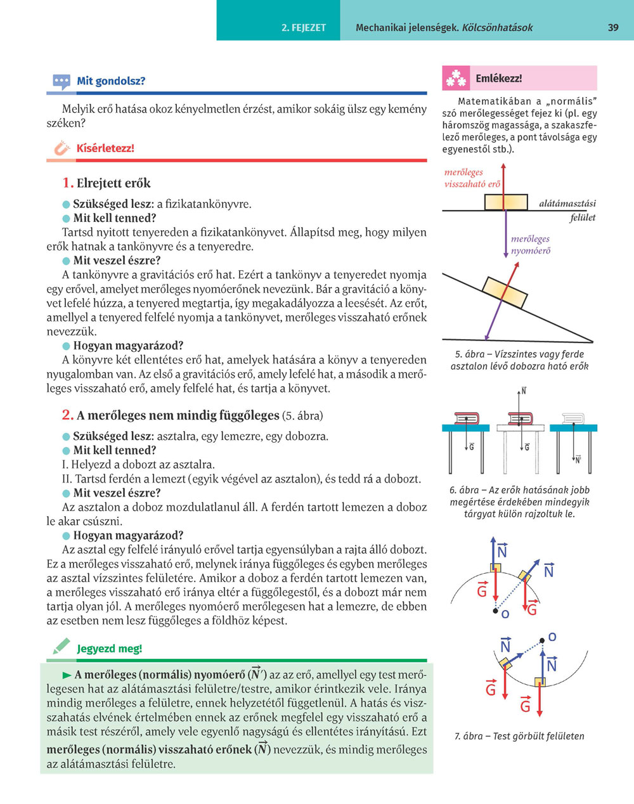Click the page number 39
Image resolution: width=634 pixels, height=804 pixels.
(612, 27)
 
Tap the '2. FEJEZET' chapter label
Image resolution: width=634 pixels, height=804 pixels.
(304, 27)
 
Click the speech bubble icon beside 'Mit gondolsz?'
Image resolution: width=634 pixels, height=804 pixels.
(61, 81)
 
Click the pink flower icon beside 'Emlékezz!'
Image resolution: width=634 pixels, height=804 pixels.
(456, 79)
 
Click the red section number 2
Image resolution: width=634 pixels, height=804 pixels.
(68, 415)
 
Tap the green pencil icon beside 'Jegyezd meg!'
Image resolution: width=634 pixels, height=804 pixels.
(61, 647)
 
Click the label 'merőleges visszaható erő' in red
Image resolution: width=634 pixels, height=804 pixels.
(472, 178)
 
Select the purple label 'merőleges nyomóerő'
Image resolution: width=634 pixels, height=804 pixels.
(531, 245)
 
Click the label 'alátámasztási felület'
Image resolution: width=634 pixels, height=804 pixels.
(567, 211)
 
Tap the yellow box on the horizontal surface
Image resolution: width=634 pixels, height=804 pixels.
(506, 202)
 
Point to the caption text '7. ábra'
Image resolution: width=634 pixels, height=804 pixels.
(469, 736)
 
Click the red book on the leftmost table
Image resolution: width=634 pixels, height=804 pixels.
(466, 418)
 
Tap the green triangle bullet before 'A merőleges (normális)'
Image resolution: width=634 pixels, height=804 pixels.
(67, 675)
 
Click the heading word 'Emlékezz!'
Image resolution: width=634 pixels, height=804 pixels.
(498, 79)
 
